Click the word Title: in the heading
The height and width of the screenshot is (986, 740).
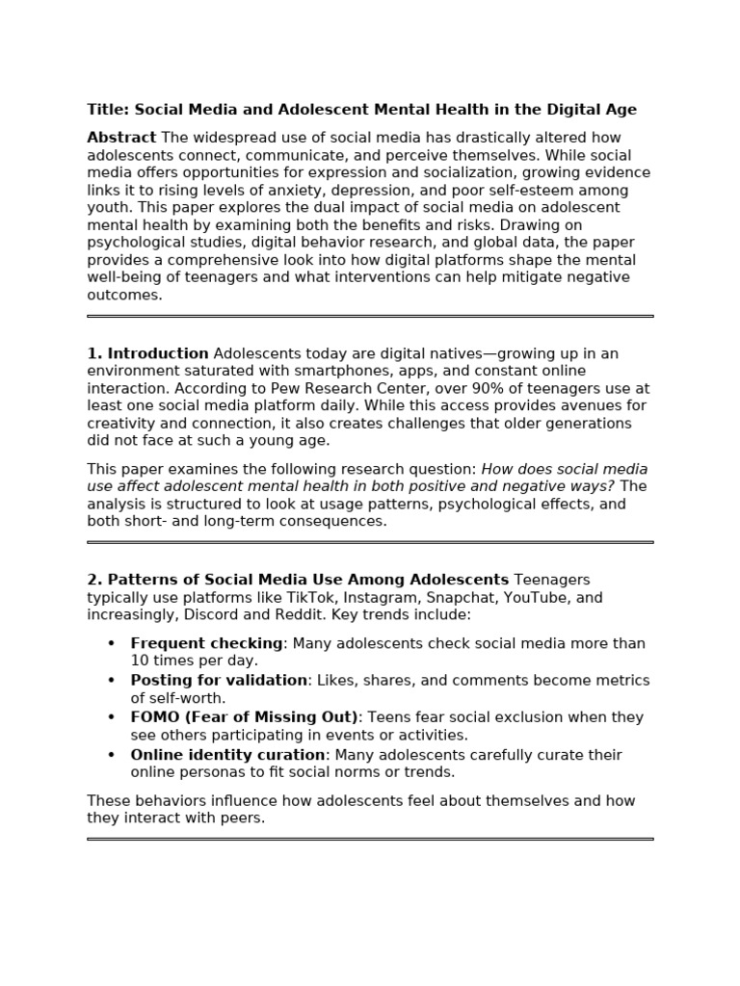pyautogui.click(x=108, y=110)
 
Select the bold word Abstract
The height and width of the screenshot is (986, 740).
pyautogui.click(x=121, y=138)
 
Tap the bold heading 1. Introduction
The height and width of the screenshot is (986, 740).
pyautogui.click(x=147, y=353)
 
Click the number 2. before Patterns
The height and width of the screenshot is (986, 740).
pyautogui.click(x=94, y=580)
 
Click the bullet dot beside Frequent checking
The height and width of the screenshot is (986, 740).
pyautogui.click(x=111, y=643)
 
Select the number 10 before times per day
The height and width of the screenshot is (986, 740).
pyautogui.click(x=141, y=661)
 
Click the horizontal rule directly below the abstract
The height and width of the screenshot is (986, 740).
pyautogui.click(x=370, y=316)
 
